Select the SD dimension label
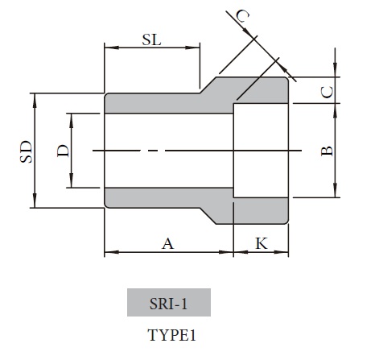tap(24, 151)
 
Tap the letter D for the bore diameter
tap(62, 150)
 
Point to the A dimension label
tap(167, 243)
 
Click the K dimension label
tap(261, 243)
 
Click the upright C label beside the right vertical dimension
tap(326, 91)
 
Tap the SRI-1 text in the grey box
tap(168, 304)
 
